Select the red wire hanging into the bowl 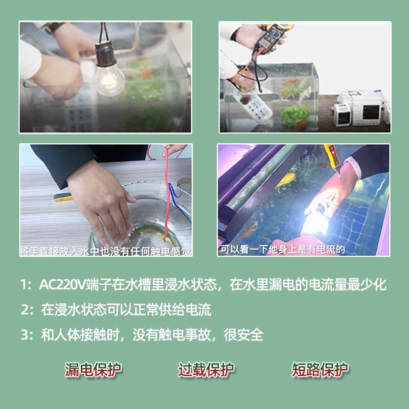tap(167, 199)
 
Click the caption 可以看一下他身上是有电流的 tap(283, 250)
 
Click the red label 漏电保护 tap(93, 369)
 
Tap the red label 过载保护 tap(206, 369)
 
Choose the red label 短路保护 tap(320, 369)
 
